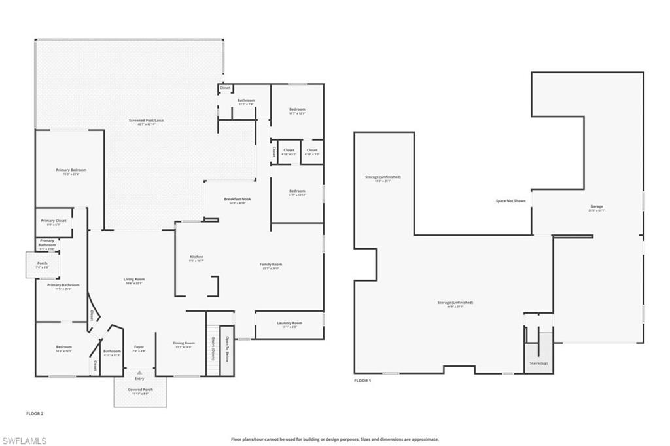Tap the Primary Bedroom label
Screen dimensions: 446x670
point(71,170)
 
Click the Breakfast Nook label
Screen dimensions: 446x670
point(238,199)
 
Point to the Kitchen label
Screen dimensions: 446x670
point(196,257)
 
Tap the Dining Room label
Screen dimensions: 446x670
point(184,343)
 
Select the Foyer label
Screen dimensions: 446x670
point(139,347)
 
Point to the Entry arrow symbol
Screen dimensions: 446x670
point(139,372)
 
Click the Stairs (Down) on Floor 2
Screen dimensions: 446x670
point(213,350)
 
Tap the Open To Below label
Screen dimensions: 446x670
point(227,350)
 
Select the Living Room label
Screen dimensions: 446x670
point(134,280)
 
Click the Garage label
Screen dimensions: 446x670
point(596,207)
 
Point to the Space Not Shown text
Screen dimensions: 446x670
point(510,201)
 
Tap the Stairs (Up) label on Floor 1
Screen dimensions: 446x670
point(538,362)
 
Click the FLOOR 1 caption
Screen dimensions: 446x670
point(362,381)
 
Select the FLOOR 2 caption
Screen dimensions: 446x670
point(34,413)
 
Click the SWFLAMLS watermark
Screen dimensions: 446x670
point(25,441)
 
